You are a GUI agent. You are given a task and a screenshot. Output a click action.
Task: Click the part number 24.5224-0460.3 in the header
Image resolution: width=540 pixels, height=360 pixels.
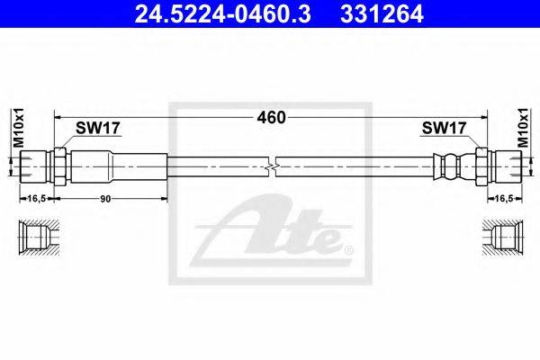click(x=222, y=14)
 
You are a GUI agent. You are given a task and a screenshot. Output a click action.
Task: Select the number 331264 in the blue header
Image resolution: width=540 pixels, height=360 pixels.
click(x=382, y=14)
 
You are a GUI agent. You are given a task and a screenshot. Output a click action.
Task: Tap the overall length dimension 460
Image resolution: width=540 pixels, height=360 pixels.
click(x=272, y=118)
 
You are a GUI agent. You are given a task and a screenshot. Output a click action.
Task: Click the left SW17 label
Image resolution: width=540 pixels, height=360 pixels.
click(x=97, y=128)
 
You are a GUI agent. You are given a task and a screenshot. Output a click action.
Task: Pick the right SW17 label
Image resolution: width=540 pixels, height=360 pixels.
click(x=444, y=128)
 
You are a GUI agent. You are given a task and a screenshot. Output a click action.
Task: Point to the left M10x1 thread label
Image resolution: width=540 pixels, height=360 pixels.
click(x=18, y=128)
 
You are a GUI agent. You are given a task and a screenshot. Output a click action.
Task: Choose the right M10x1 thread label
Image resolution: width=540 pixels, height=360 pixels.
click(x=523, y=128)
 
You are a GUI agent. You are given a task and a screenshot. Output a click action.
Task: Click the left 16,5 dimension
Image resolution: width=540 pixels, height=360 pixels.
click(x=37, y=198)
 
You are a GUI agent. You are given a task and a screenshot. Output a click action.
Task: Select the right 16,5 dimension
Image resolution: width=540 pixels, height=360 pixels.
click(x=504, y=198)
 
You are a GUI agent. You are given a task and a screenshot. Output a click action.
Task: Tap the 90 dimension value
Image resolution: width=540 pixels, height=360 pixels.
click(x=105, y=199)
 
